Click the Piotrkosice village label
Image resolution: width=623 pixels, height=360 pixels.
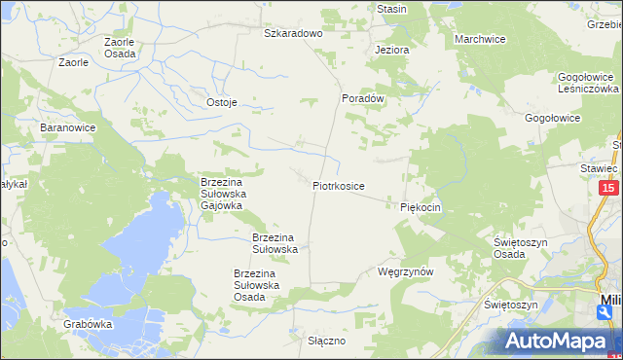click(339, 185)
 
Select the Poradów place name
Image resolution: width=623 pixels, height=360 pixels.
click(364, 98)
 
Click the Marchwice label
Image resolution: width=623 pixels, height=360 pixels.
click(479, 39)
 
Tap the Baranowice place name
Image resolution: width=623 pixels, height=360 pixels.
click(65, 127)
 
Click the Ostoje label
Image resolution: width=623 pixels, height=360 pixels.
click(222, 102)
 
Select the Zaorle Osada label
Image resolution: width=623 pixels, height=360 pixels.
click(120, 49)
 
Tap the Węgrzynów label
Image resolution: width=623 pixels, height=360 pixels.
click(404, 272)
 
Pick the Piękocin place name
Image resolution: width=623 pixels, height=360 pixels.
click(421, 207)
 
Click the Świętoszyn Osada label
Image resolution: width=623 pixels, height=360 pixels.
click(523, 247)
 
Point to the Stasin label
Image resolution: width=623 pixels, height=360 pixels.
click(391, 9)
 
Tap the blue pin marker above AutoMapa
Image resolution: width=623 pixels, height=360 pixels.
click(605, 311)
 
